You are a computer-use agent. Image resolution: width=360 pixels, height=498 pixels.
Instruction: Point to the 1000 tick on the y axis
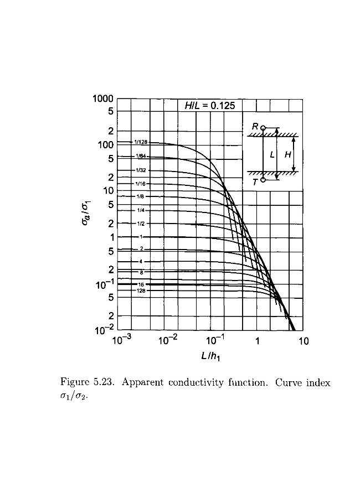tap(104, 99)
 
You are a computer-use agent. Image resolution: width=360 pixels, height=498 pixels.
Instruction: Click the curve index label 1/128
tap(141, 142)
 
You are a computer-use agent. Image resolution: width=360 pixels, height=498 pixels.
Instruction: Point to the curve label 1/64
tap(141, 157)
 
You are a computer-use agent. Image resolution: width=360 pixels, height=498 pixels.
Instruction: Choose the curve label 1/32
tap(141, 170)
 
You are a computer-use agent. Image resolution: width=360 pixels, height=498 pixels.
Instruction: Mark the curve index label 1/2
tap(141, 224)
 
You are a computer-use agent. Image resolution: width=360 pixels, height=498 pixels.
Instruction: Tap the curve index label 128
tap(141, 290)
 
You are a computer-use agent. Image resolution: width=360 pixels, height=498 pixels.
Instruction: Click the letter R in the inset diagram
tap(255, 127)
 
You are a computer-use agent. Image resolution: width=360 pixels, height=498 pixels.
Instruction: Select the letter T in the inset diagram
tap(255, 181)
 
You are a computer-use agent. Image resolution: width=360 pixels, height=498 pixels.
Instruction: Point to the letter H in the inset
tap(287, 155)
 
